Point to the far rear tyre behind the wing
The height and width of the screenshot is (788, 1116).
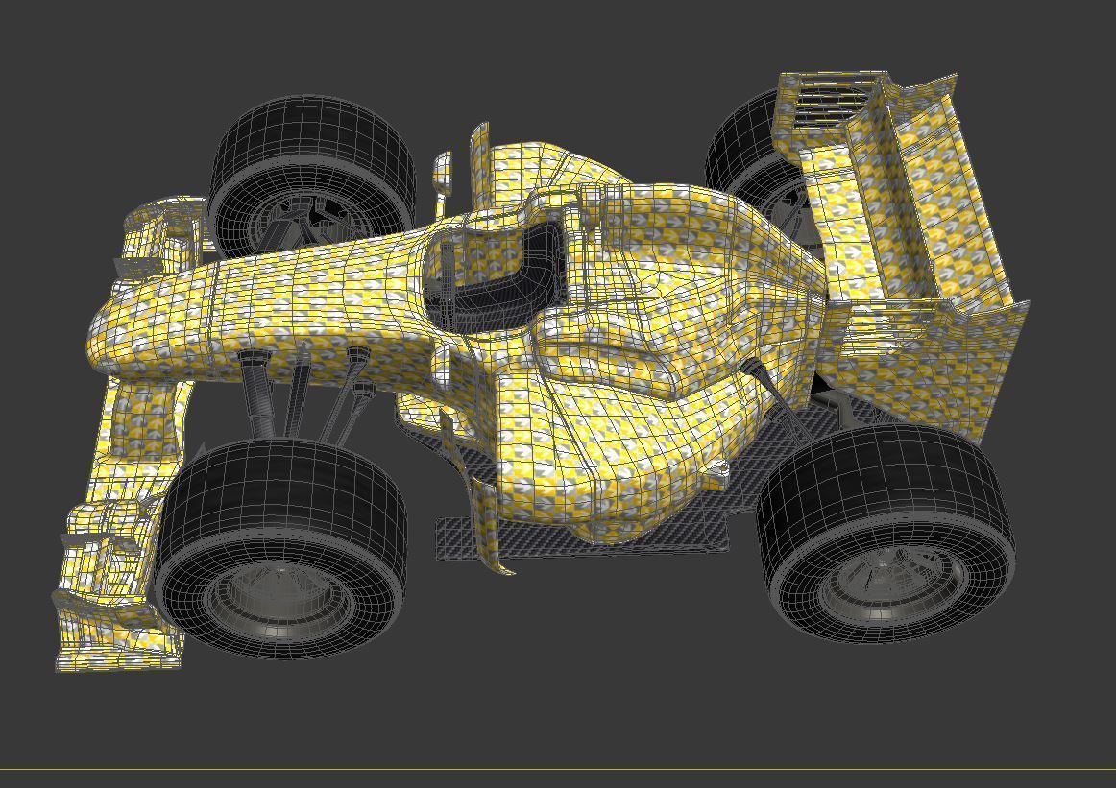[744, 144]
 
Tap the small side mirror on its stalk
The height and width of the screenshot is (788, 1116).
[443, 172]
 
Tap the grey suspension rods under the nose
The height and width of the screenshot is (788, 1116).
[307, 394]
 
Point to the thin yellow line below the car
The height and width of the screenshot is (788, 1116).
[557, 769]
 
